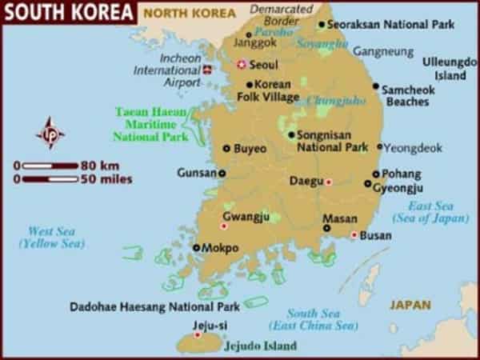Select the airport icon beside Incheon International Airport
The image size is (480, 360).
point(210,70)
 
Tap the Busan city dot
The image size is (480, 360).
point(354,234)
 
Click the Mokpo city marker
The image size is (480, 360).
point(196,248)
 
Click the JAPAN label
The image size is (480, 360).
point(410,305)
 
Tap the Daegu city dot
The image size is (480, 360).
point(328,182)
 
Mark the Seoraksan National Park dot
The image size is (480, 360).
point(322,24)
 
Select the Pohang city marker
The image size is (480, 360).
point(374,174)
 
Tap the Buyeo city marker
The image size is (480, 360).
point(226,148)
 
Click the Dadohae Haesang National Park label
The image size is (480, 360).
point(154,306)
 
